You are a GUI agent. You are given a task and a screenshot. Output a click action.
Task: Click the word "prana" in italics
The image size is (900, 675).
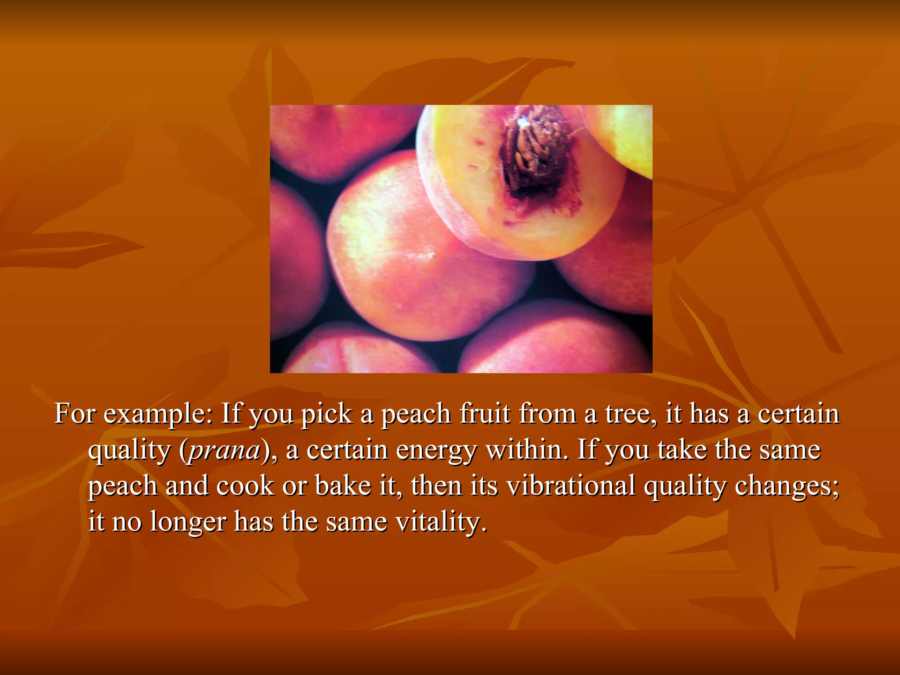click(225, 451)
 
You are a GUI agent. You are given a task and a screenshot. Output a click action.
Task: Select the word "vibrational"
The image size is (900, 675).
click(571, 486)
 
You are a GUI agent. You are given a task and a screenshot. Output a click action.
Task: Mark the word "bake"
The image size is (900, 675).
click(343, 486)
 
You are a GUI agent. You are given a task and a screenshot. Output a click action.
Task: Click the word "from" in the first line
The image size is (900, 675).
click(548, 415)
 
